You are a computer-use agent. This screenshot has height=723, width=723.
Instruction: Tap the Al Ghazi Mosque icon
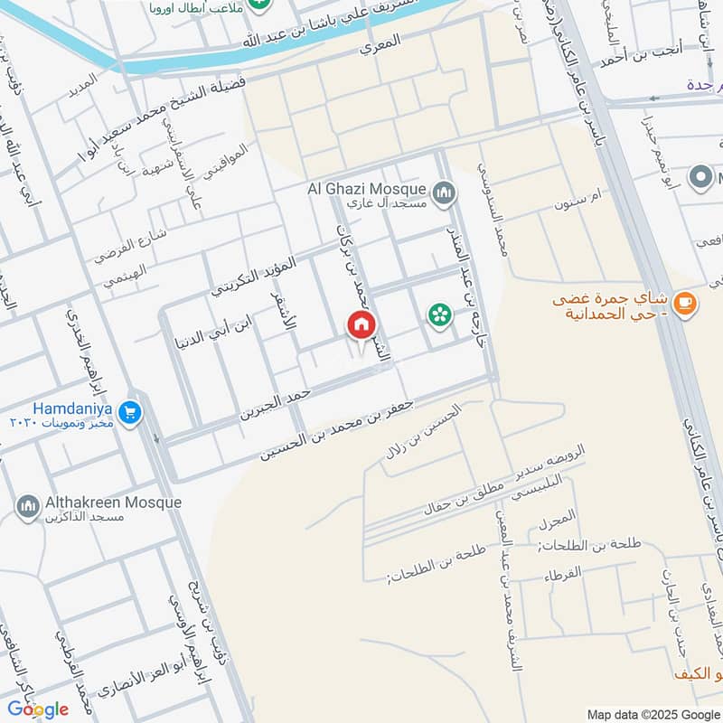pyautogui.click(x=444, y=192)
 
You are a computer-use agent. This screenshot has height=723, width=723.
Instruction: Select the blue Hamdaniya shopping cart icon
pyautogui.click(x=129, y=411)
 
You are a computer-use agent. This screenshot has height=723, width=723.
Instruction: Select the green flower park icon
pyautogui.click(x=440, y=314)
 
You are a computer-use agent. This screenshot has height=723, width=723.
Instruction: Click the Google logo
pyautogui.click(x=37, y=709)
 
